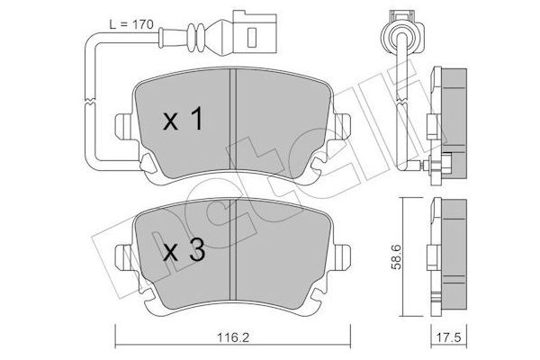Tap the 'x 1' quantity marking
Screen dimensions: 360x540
183,121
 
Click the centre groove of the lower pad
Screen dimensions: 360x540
233,255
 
